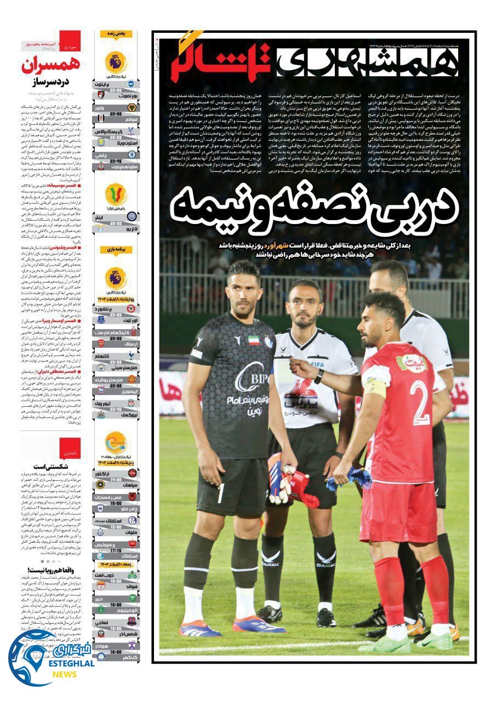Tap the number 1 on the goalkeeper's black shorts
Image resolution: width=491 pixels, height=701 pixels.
[221, 493]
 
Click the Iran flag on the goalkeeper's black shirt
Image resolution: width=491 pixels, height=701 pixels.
[253, 340]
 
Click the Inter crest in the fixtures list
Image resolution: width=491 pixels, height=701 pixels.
[132, 217]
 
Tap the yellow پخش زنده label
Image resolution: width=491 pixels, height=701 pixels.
[116, 34]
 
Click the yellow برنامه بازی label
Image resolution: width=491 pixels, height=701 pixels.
[116, 250]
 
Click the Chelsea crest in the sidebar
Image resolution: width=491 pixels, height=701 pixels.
[132, 155]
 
